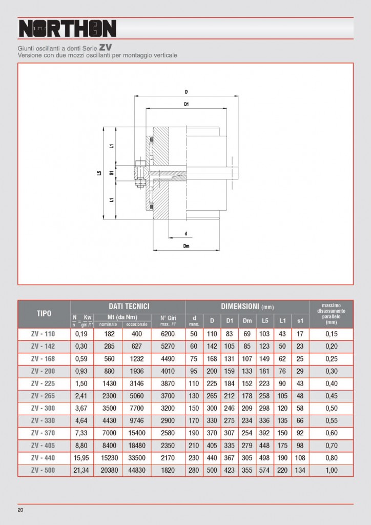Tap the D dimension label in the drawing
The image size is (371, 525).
coord(187,92)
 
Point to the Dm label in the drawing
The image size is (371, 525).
coord(187,246)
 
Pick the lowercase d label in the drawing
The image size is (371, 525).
coord(186,233)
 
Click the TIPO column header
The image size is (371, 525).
coord(44,313)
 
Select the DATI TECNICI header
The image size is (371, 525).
coord(128,306)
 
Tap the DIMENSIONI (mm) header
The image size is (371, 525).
coord(247,306)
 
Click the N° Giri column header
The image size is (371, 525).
coord(168,320)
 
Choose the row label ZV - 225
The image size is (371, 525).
coord(44,382)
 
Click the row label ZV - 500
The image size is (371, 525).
coord(44,470)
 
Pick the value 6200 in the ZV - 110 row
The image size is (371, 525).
coord(168,334)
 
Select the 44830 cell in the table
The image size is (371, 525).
coord(137,470)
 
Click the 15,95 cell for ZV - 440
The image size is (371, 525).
coord(82,458)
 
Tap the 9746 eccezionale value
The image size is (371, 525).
coord(137,419)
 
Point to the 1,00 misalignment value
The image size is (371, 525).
coord(331,470)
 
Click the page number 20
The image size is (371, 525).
coord(20,510)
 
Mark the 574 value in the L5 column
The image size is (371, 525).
coord(264,470)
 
